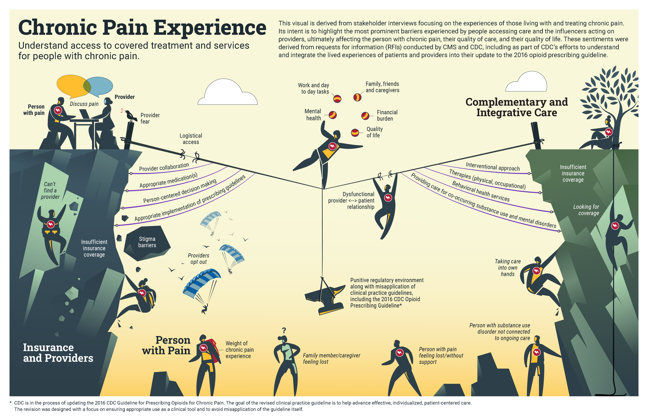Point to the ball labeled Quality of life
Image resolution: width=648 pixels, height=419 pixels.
[x=355, y=133]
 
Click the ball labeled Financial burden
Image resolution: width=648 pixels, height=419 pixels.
[x=365, y=116]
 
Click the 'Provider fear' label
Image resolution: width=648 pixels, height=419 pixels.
[x=150, y=118]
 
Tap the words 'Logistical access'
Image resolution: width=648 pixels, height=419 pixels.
[x=191, y=139]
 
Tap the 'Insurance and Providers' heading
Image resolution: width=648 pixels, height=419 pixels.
[x=58, y=353]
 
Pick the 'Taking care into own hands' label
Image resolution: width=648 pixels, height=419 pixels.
[x=507, y=268]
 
